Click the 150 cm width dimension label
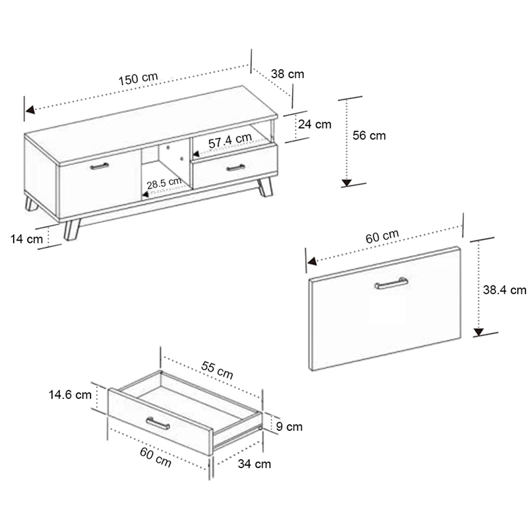138,79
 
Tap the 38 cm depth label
287,74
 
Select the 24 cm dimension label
314,124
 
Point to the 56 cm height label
369,135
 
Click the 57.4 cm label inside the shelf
230,140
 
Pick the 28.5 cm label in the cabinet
164,183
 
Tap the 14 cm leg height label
27,239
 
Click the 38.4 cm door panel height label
505,290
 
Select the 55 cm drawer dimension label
217,370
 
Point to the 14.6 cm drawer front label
70,395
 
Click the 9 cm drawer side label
289,426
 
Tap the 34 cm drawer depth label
254,464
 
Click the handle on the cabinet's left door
99,166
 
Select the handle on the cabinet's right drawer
236,168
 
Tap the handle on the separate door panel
391,283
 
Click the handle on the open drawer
158,423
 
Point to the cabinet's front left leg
72,230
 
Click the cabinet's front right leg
265,187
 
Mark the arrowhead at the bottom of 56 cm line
346,183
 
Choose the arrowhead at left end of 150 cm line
30,109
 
